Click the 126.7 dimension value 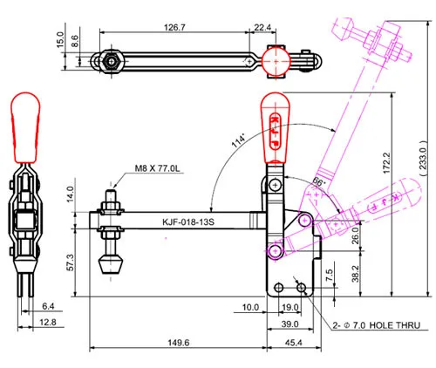pyautogui.click(x=174, y=27)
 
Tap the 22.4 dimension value pyautogui.click(x=262, y=27)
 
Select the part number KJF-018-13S pyautogui.click(x=188, y=222)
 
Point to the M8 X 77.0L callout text pyautogui.click(x=157, y=168)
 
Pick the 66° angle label pyautogui.click(x=318, y=182)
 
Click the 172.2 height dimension pyautogui.click(x=387, y=163)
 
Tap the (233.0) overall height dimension pyautogui.click(x=423, y=158)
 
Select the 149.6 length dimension pyautogui.click(x=179, y=343)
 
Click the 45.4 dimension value pyautogui.click(x=293, y=343)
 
